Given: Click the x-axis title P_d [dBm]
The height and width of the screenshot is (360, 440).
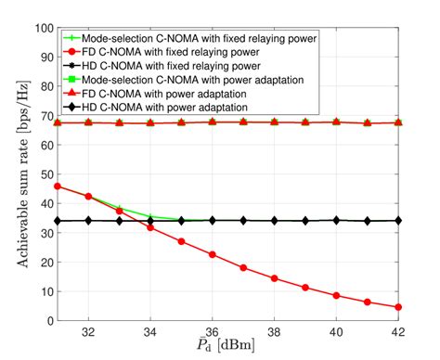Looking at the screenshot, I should pyautogui.click(x=226, y=348).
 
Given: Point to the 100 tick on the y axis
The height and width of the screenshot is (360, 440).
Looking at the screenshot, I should pyautogui.click(x=40, y=28).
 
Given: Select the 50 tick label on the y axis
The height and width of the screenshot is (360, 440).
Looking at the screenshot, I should pyautogui.click(x=43, y=174).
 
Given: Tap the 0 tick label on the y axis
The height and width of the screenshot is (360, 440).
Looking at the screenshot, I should pyautogui.click(x=46, y=320).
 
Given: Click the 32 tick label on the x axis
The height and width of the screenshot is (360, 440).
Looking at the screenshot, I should pyautogui.click(x=88, y=331).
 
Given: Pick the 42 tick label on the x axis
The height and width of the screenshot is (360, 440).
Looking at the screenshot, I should pyautogui.click(x=397, y=331).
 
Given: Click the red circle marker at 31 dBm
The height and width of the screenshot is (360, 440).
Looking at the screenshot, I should pyautogui.click(x=58, y=186).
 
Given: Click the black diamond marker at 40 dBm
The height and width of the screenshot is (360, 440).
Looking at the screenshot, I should pyautogui.click(x=336, y=221).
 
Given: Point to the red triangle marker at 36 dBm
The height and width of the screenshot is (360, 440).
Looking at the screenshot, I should pyautogui.click(x=212, y=122).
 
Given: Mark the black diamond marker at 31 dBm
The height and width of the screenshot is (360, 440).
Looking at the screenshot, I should pyautogui.click(x=58, y=221).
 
